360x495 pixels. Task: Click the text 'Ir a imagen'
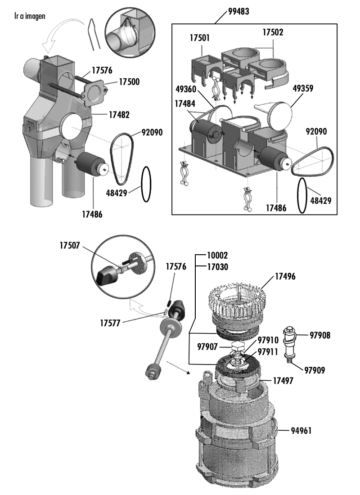(x=30, y=16)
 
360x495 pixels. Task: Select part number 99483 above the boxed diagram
(x=239, y=12)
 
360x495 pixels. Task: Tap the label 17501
(x=200, y=38)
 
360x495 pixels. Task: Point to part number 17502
(x=273, y=32)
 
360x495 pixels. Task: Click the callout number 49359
(x=303, y=88)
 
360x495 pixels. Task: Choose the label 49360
(x=186, y=90)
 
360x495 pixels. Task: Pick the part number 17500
(x=129, y=82)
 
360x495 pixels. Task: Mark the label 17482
(x=119, y=115)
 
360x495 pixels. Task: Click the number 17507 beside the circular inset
(x=70, y=245)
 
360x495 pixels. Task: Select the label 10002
(x=218, y=255)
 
